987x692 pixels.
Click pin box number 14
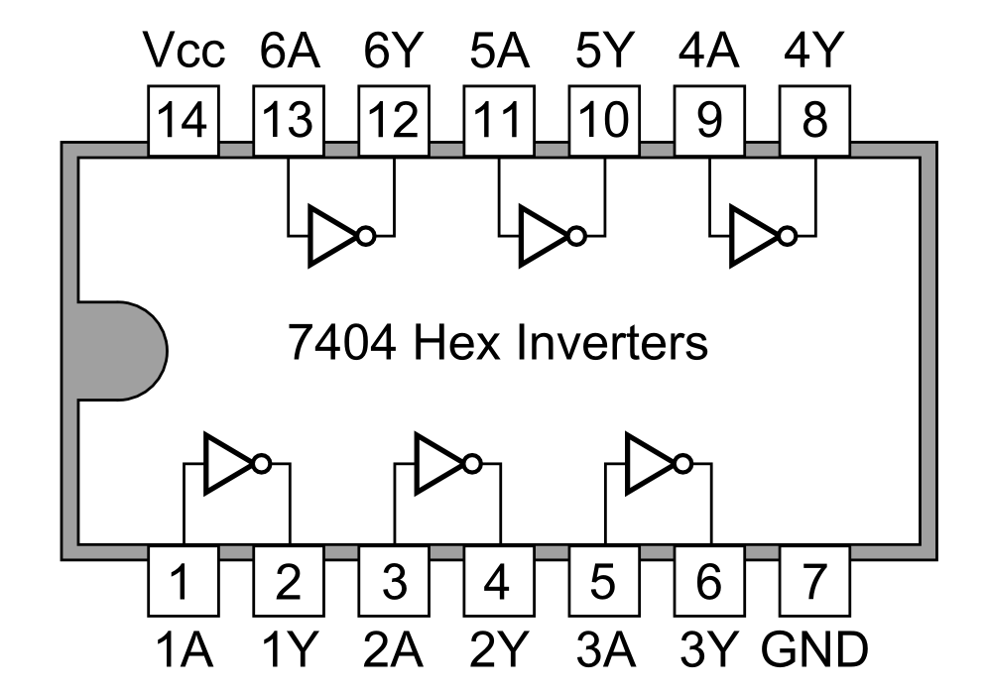[184, 121]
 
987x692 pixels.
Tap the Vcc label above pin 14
[184, 51]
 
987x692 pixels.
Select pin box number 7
[814, 581]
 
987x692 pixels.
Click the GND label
[814, 649]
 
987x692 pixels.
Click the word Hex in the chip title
[456, 342]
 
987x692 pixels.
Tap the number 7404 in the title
[342, 342]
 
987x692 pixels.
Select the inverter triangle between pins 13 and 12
[331, 236]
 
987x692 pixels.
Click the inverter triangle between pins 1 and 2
[227, 464]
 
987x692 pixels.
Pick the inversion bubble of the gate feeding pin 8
[788, 237]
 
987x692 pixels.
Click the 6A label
[290, 51]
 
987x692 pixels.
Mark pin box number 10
[604, 121]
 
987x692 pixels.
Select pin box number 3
[394, 581]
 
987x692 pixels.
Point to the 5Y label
[603, 51]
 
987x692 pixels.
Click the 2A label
[393, 649]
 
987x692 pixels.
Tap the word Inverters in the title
[611, 342]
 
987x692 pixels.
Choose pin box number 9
[709, 121]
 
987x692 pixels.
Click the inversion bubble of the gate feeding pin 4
[472, 464]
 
